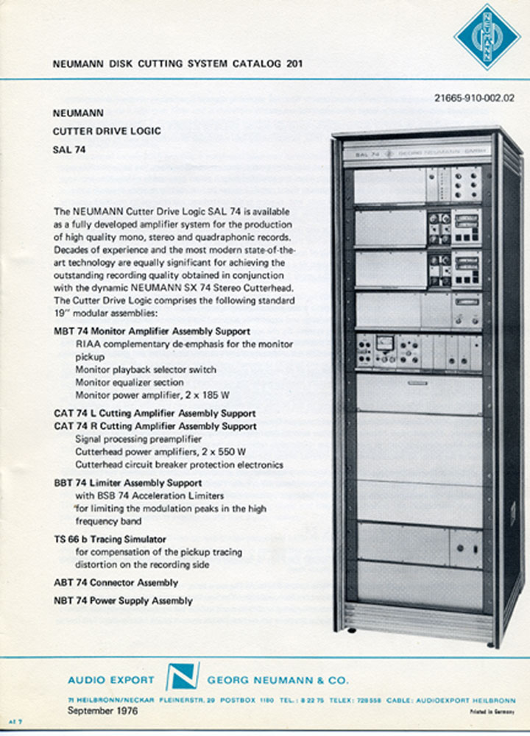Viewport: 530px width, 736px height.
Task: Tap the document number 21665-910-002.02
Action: point(474,96)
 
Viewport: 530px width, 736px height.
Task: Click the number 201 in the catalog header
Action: point(291,64)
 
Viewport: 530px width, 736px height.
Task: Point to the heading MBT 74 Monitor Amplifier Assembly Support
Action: point(152,331)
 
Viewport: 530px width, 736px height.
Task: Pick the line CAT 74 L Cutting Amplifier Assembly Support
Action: point(155,414)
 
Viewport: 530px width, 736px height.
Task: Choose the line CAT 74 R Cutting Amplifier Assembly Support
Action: point(155,426)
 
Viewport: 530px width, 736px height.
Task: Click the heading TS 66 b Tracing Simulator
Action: point(110,539)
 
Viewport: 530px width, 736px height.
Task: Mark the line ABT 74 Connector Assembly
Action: point(116,583)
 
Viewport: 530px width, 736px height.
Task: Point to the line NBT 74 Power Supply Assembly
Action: point(123,601)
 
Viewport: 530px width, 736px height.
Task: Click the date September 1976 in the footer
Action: point(102,711)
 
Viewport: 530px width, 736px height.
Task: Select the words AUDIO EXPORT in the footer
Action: point(111,680)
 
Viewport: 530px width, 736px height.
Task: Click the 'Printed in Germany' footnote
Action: point(491,713)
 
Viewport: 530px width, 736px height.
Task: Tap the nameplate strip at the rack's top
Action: point(417,155)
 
